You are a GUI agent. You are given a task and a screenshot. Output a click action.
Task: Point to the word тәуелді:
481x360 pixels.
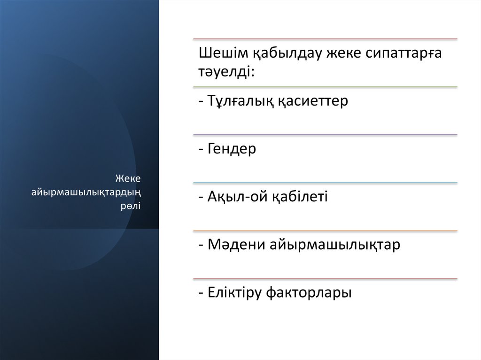227,72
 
